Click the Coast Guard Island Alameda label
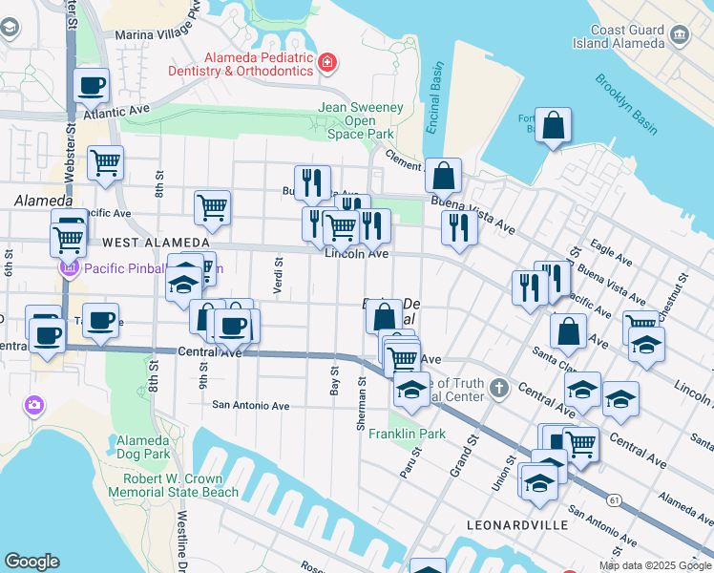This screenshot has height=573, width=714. [619, 36]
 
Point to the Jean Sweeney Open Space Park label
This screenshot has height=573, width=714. [360, 121]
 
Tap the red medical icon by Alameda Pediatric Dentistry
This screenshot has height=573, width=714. [327, 63]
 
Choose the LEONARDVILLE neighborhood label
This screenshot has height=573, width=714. [516, 525]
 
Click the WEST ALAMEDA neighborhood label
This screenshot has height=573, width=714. [156, 244]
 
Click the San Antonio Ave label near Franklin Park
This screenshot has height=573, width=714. [250, 406]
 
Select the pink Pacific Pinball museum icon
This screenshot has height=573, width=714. [68, 268]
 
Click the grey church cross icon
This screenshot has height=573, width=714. [499, 389]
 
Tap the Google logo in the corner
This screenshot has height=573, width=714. [31, 562]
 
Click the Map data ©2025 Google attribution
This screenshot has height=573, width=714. [654, 565]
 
